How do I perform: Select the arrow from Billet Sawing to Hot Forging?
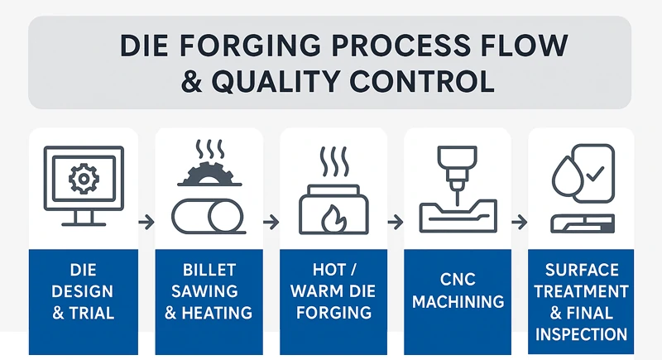[271, 222]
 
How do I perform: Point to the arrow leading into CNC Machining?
[395, 222]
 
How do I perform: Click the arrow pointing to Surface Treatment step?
[519, 222]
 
